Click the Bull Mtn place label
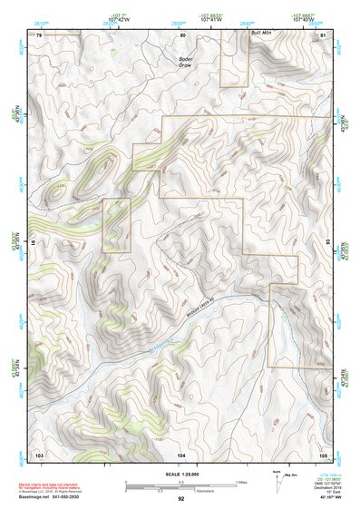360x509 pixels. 262,33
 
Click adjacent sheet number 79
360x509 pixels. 39,34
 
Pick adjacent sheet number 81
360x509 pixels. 324,34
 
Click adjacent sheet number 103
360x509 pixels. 39,453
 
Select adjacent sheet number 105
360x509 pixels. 324,453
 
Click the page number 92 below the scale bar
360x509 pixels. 181,498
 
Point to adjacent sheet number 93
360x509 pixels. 327,243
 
